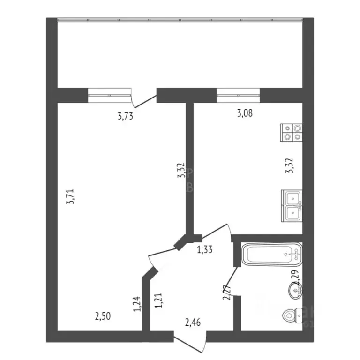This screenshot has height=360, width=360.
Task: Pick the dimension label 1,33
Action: click(205, 249)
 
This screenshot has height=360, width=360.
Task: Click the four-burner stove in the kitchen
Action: click(291, 132)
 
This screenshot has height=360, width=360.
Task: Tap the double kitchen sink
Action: click(292, 205)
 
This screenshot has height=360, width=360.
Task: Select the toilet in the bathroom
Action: click(293, 316)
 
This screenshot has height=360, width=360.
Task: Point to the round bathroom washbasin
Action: click(296, 292)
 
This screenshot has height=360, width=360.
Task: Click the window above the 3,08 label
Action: click(238, 95)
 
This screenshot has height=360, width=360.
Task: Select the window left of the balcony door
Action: click(109, 95)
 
